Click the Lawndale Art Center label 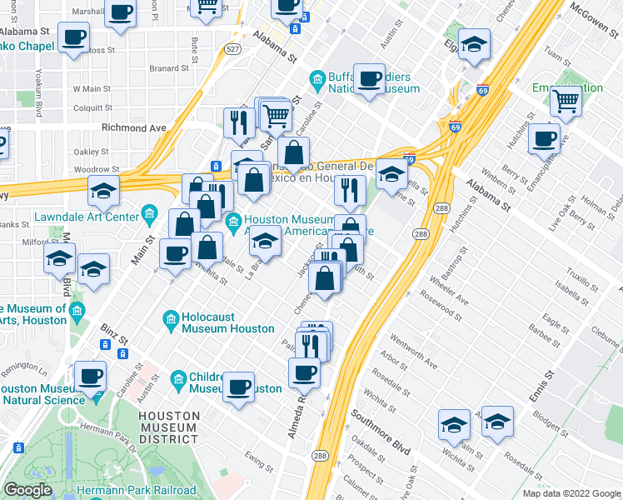click(x=87, y=217)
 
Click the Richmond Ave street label click(x=133, y=127)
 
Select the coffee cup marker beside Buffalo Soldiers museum click(x=370, y=79)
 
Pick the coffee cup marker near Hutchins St click(x=545, y=137)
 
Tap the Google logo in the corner click(x=28, y=490)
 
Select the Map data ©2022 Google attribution click(x=571, y=493)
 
